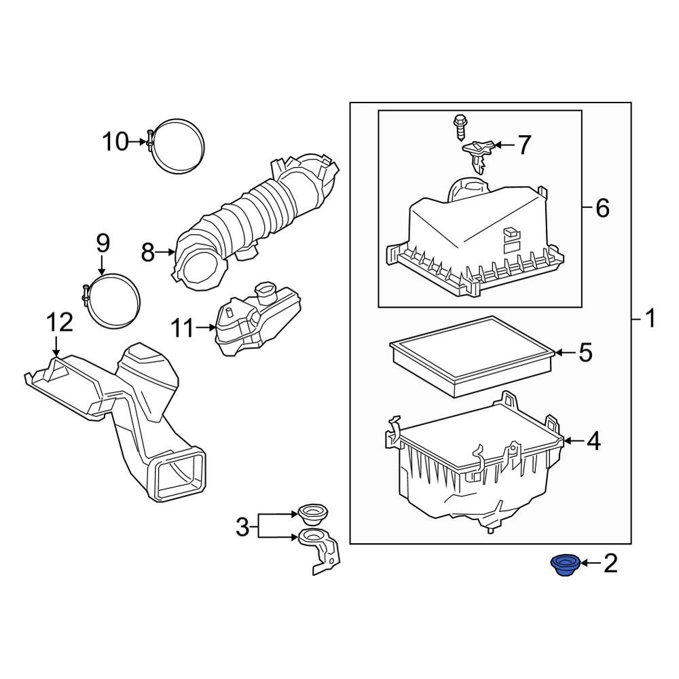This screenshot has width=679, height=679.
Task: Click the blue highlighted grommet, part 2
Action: coord(562,564)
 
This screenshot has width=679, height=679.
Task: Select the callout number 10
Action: coord(115,142)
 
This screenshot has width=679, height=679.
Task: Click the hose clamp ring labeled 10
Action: coord(178,144)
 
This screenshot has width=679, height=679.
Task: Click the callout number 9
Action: coord(102,242)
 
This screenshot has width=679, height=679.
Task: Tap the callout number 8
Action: coord(148,253)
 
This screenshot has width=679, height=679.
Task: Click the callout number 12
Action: coord(59,323)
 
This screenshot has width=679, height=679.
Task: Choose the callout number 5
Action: coord(585,352)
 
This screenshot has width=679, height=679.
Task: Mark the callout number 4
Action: coord(593,441)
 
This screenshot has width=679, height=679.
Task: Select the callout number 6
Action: coord(602,208)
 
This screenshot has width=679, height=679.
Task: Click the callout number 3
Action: coord(242,526)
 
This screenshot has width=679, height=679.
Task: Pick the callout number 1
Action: coord(650,318)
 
